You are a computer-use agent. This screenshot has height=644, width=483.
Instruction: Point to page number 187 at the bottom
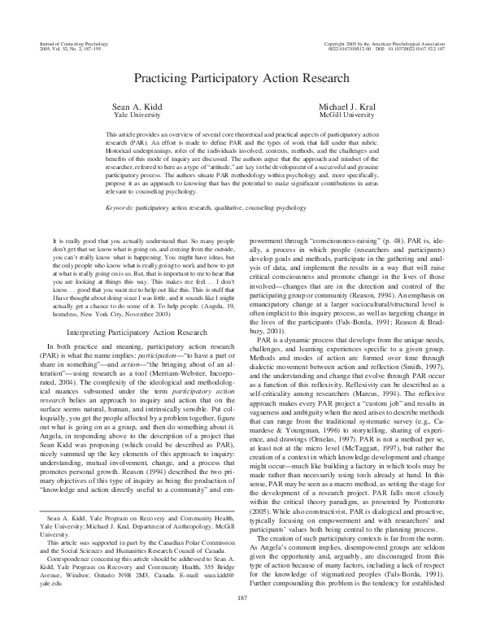241,620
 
